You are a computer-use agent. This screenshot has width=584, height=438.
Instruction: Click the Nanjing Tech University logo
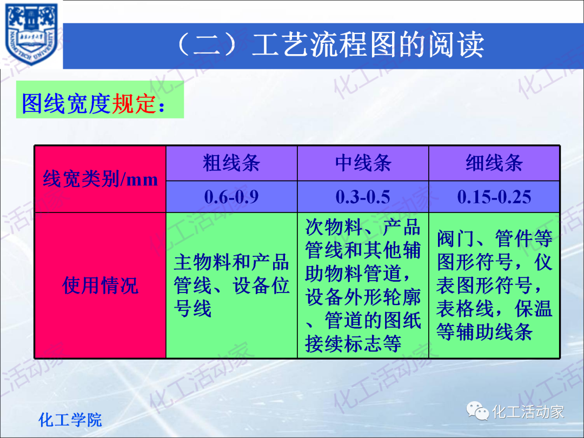tap(31, 34)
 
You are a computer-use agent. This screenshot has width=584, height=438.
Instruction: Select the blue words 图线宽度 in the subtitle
tap(66, 103)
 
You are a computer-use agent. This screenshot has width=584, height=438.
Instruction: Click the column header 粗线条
tap(231, 163)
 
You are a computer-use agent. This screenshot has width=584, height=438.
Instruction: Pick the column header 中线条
tap(363, 163)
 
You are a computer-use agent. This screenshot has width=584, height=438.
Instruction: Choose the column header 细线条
tap(494, 163)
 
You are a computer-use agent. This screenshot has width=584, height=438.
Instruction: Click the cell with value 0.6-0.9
tap(231, 197)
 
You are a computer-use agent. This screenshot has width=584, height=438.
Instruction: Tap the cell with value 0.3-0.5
tap(363, 197)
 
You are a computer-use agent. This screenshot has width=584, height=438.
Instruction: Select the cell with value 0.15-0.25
tap(494, 197)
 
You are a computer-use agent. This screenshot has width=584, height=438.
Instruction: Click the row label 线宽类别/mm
tap(101, 179)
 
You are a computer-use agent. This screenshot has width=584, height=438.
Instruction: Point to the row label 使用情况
tap(101, 285)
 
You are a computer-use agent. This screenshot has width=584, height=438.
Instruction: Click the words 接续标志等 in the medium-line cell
tap(354, 344)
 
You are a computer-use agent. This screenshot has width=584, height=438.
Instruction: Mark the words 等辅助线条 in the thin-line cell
tap(485, 332)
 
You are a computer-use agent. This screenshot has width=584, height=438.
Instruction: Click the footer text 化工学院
tap(70, 420)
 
